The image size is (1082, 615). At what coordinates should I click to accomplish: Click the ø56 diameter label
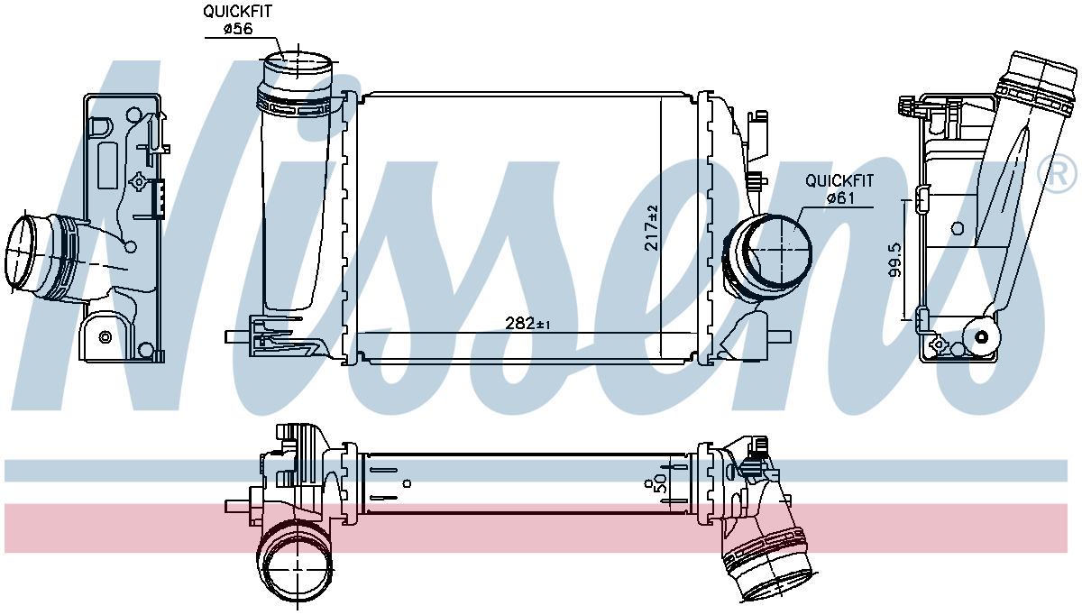click(238, 29)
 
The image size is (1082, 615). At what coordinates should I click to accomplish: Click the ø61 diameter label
click(841, 198)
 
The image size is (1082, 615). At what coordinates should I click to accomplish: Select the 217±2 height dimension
click(652, 227)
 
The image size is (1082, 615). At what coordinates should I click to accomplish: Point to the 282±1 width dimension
click(527, 323)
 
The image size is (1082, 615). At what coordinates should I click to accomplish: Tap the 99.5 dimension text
click(894, 260)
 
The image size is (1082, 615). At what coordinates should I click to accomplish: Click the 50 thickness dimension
click(660, 483)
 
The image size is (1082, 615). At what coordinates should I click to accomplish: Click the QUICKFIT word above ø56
click(237, 11)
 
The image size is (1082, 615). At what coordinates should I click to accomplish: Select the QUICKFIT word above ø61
click(839, 181)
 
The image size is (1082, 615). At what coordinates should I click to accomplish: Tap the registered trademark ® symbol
click(1058, 174)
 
